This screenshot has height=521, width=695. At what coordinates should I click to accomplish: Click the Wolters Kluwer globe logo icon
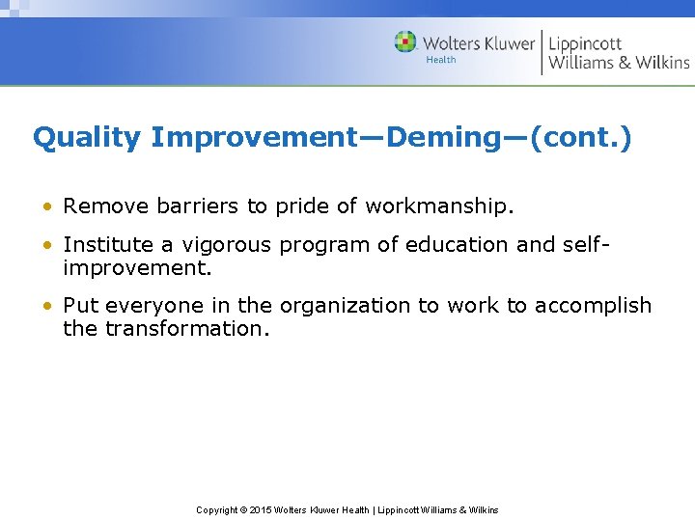(x=405, y=42)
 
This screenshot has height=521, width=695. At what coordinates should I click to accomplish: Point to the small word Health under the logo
(x=440, y=60)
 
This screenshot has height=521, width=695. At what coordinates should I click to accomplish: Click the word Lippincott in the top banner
(x=585, y=43)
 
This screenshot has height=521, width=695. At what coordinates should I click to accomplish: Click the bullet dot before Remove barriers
(x=47, y=206)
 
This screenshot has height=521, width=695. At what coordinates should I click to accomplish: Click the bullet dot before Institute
(x=47, y=246)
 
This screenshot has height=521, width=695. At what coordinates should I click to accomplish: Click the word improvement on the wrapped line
(x=136, y=268)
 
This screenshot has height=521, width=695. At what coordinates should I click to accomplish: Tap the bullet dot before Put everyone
(x=47, y=306)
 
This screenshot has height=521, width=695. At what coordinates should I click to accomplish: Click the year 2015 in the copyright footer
(x=262, y=509)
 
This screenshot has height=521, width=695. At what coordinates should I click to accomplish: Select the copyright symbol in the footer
(x=243, y=509)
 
